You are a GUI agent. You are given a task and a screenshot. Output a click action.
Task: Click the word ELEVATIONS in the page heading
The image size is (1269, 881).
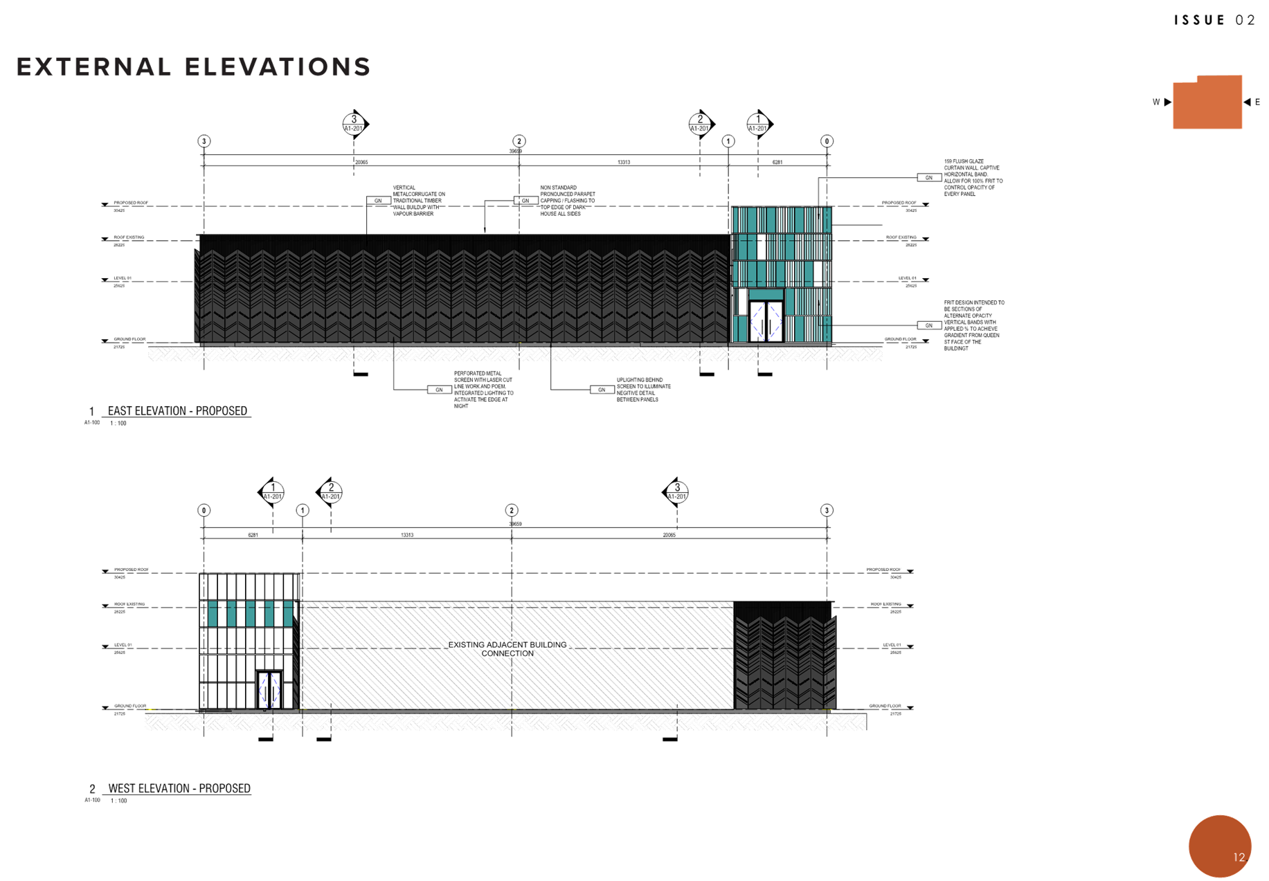pyautogui.click(x=278, y=67)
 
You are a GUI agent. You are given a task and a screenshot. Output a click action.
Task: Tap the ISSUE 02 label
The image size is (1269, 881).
pyautogui.click(x=1214, y=20)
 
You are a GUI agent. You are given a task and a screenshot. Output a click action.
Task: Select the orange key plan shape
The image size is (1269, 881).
pyautogui.click(x=1207, y=103)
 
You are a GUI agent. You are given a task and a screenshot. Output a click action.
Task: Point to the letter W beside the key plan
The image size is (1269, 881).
pyautogui.click(x=1155, y=102)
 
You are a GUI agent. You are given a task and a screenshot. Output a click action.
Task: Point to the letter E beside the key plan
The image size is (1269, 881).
pyautogui.click(x=1257, y=102)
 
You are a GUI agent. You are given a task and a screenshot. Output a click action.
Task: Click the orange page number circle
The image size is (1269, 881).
pyautogui.click(x=1220, y=846)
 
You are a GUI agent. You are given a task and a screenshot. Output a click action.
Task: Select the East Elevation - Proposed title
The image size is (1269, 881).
pyautogui.click(x=177, y=411)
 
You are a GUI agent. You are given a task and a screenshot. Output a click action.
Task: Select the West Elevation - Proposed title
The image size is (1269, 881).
pyautogui.click(x=179, y=788)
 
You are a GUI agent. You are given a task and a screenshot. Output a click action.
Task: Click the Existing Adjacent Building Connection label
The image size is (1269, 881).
pyautogui.click(x=507, y=648)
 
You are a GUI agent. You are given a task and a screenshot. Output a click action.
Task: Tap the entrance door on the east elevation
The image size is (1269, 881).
pyautogui.click(x=766, y=320)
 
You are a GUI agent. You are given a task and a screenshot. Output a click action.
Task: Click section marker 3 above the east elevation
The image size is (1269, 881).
pyautogui.click(x=354, y=124)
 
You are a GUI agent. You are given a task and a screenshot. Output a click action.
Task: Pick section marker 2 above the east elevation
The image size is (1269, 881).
pyautogui.click(x=700, y=124)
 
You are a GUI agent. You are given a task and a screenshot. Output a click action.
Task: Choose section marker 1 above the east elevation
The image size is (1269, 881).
pyautogui.click(x=759, y=124)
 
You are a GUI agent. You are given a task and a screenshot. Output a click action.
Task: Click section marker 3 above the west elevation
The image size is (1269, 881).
pyautogui.click(x=676, y=492)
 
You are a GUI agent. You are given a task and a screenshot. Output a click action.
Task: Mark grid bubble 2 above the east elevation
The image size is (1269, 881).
pyautogui.click(x=519, y=141)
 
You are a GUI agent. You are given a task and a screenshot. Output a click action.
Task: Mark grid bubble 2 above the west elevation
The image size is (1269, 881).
pyautogui.click(x=512, y=510)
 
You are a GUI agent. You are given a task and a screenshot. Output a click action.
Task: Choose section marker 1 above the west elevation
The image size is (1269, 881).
pyautogui.click(x=272, y=492)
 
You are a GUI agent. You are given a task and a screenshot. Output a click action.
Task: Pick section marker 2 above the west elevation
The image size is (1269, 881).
pyautogui.click(x=330, y=492)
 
